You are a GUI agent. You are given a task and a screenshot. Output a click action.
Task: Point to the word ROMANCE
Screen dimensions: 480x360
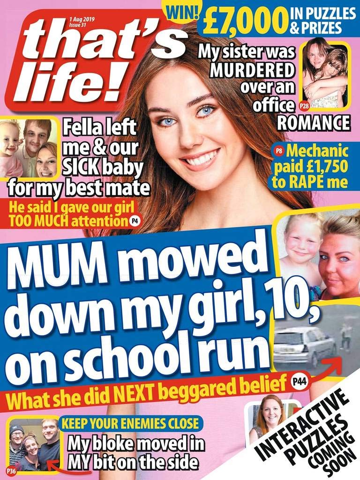(313, 123)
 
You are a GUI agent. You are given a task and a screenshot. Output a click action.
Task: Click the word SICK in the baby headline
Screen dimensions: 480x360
(82, 165)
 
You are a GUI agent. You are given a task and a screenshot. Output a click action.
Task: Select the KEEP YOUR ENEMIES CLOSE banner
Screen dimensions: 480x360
(130, 424)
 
